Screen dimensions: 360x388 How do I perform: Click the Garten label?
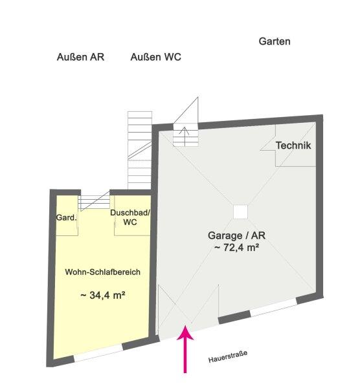click(275, 41)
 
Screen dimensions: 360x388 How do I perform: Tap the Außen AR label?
click(80, 57)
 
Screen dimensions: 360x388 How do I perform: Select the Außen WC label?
click(155, 57)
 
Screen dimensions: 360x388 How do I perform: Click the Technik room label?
click(293, 145)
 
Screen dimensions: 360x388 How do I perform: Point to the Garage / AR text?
click(236, 235)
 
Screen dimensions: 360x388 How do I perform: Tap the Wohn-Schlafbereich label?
click(102, 272)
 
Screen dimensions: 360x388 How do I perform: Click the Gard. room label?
click(67, 218)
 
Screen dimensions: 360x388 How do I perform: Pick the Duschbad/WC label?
click(130, 217)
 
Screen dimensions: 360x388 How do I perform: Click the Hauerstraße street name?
click(228, 356)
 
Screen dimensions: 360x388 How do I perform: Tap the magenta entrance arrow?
click(185, 349)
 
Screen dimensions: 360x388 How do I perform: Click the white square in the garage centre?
click(240, 212)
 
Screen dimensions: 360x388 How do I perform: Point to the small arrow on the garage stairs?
click(185, 136)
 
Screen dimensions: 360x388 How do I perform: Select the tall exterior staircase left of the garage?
click(140, 151)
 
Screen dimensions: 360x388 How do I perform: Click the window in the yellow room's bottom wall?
click(98, 353)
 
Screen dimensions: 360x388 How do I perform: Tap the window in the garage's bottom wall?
click(273, 308)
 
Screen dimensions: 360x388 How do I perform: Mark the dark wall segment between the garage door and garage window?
click(234, 317)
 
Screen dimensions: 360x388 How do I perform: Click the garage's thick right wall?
click(320, 208)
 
